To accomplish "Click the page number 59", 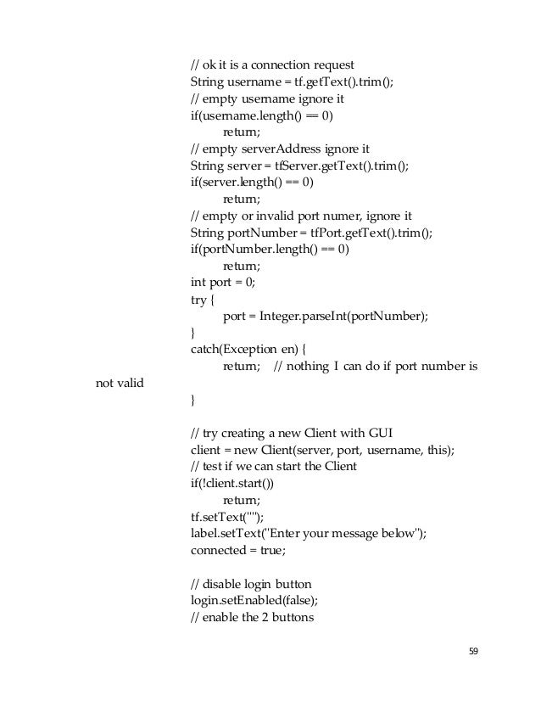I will pyautogui.click(x=474, y=651).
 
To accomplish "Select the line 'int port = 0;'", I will pyautogui.click(x=220, y=283).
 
